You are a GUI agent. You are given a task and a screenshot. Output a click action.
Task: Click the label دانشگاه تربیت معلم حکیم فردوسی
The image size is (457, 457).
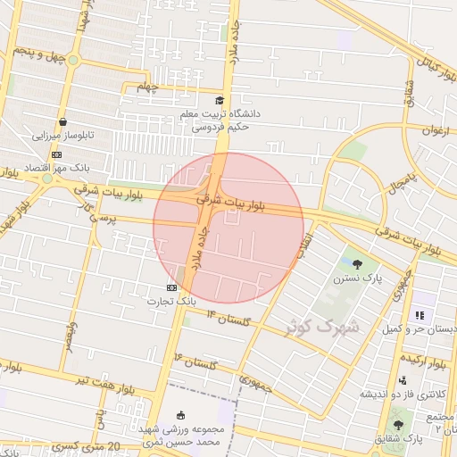(220, 120)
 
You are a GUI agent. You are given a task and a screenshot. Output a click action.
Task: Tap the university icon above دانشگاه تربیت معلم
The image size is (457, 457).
(220, 101)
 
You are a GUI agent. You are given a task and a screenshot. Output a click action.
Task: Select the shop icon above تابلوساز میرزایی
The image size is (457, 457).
(62, 122)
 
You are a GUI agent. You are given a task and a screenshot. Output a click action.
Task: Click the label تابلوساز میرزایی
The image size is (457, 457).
(63, 137)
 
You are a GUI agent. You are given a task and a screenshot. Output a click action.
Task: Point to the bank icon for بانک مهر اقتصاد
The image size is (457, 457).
(57, 154)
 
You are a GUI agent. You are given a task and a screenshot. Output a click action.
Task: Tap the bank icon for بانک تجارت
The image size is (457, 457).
(171, 287)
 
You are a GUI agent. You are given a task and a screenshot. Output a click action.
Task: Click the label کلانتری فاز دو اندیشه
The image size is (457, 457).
(403, 394)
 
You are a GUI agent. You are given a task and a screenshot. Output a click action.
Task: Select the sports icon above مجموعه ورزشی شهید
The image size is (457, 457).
(182, 415)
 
